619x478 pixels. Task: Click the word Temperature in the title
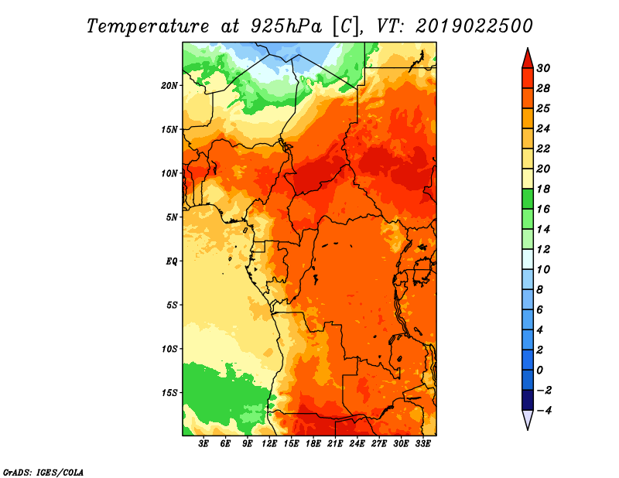(148, 26)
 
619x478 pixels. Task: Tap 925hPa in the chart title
(286, 26)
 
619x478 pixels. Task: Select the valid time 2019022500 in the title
(474, 26)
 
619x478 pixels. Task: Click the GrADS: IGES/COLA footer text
(43, 472)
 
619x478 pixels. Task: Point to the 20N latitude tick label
(169, 86)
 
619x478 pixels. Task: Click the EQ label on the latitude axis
(171, 261)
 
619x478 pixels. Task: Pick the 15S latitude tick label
(169, 393)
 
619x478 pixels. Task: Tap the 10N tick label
(169, 173)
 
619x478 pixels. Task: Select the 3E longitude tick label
(203, 444)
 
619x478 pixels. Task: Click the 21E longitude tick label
(335, 444)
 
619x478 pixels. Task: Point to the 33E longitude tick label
(422, 444)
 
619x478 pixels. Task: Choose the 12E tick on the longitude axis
(269, 444)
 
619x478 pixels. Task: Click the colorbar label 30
(543, 68)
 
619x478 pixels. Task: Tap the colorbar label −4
(544, 411)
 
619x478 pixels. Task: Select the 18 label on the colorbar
(543, 189)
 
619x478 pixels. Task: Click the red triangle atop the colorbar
(528, 59)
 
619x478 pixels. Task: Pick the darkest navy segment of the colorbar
(528, 400)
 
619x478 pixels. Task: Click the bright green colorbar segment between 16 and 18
(528, 199)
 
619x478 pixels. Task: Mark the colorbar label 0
(539, 370)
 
